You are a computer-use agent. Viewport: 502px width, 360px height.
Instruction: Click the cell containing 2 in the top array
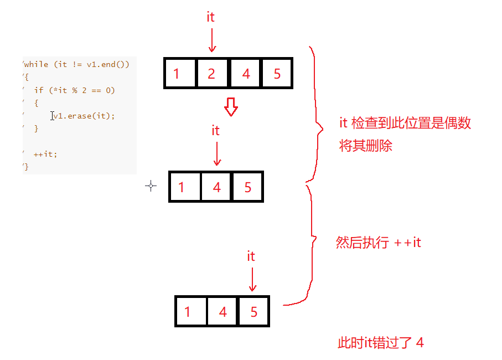[212, 73]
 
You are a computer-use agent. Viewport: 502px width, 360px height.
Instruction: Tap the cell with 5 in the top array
[276, 73]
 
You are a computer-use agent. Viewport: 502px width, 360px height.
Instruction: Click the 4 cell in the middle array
[216, 187]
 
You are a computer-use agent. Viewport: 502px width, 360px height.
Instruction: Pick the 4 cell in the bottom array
[222, 311]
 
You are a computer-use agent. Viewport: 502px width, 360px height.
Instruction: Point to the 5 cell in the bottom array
[253, 311]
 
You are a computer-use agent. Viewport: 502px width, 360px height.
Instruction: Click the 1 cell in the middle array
[184, 187]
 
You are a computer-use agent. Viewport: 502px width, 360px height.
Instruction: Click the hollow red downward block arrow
[231, 106]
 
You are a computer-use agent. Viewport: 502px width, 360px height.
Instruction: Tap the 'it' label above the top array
[210, 17]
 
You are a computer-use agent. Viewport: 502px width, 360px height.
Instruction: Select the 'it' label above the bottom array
[251, 256]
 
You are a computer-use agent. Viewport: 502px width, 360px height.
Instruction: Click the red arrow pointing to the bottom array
[252, 279]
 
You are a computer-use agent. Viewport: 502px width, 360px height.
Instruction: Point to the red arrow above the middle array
[216, 153]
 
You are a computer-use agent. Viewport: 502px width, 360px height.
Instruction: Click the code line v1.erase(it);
[84, 116]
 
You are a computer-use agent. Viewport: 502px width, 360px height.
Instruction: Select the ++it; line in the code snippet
[45, 154]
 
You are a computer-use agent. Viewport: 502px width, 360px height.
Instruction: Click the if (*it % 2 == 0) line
[74, 90]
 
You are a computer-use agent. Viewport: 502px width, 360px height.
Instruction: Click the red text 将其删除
[365, 147]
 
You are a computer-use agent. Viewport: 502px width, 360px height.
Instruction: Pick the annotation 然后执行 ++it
[378, 243]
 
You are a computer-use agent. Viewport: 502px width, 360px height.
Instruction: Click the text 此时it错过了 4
[381, 343]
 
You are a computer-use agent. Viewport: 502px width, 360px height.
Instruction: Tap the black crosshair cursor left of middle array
[151, 186]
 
